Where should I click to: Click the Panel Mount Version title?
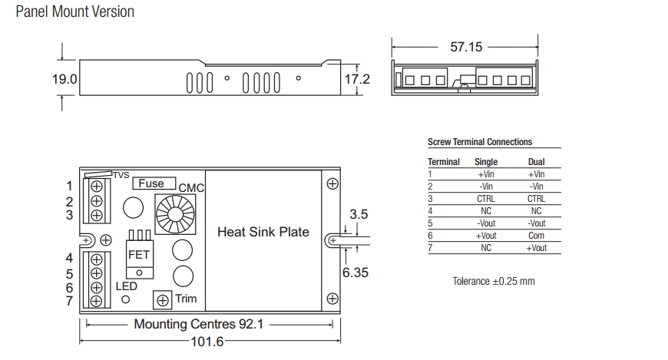74,12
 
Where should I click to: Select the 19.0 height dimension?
64,80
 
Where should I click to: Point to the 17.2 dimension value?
357,79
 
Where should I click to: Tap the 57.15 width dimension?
466,47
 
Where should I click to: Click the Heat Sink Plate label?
263,232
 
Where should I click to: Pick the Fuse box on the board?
150,183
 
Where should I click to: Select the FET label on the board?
138,254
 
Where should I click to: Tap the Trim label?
186,299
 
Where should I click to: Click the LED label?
126,286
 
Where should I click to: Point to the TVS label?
121,175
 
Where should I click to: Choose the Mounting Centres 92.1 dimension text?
198,324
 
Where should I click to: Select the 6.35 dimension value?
355,272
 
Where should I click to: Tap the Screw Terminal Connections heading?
479,142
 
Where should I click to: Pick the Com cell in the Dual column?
536,236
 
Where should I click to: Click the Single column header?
486,162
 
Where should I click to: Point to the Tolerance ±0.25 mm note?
494,281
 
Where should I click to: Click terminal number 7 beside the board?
69,301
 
